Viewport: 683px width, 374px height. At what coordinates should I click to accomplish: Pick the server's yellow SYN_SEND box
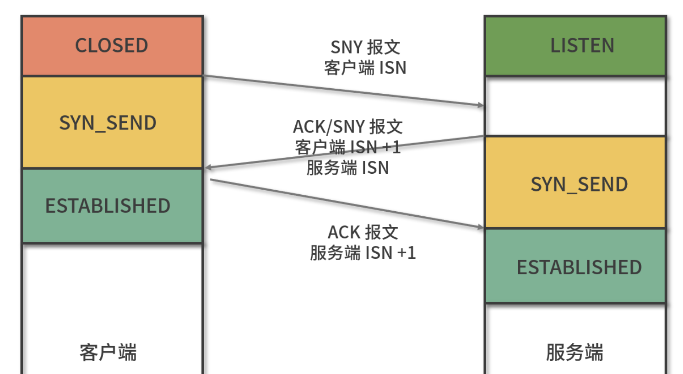click(575, 183)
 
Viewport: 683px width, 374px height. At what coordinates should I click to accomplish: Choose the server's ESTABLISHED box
click(575, 267)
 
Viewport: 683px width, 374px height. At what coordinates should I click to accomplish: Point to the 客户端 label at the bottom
click(108, 353)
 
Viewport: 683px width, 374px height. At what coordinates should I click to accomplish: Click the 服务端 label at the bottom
click(575, 353)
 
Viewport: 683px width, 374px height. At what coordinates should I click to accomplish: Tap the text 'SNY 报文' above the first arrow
click(365, 47)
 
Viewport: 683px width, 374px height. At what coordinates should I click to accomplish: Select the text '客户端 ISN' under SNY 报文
click(365, 68)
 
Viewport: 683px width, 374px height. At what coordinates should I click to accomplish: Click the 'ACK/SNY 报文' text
click(348, 127)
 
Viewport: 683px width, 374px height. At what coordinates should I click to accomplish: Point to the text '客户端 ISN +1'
click(348, 147)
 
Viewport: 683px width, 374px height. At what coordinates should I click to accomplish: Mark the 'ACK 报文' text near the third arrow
click(363, 232)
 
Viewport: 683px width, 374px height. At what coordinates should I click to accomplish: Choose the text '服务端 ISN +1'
click(363, 253)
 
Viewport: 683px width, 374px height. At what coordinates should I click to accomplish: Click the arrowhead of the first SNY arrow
click(481, 105)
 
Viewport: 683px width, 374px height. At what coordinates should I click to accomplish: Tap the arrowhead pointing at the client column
click(208, 168)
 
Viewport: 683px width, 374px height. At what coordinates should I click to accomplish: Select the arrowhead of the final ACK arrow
click(481, 227)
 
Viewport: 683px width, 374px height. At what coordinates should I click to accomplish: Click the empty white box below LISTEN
click(575, 106)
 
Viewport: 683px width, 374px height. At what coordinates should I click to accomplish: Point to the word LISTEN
click(582, 46)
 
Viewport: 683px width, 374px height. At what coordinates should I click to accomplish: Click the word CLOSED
click(111, 46)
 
